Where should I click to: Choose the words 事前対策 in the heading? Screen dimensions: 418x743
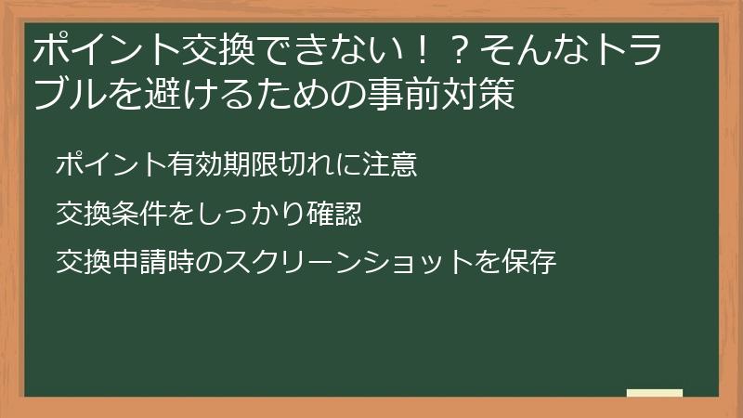pos(446,96)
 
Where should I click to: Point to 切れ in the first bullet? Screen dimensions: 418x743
pos(307,166)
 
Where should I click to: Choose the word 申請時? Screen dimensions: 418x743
pos(154,263)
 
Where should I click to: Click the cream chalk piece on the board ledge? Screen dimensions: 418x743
pos(655,392)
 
